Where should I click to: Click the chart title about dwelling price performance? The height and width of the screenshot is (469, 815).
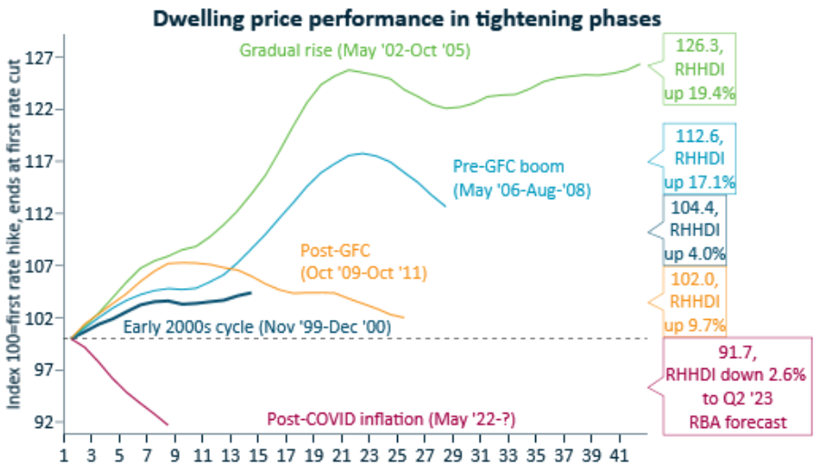pos(407,17)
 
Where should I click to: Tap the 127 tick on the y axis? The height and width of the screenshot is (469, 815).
pos(45,57)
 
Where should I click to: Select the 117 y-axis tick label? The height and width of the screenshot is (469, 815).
pos(45,162)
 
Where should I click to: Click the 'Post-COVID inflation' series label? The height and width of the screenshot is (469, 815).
pos(385,419)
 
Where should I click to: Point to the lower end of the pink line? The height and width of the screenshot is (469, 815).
pos(168,424)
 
